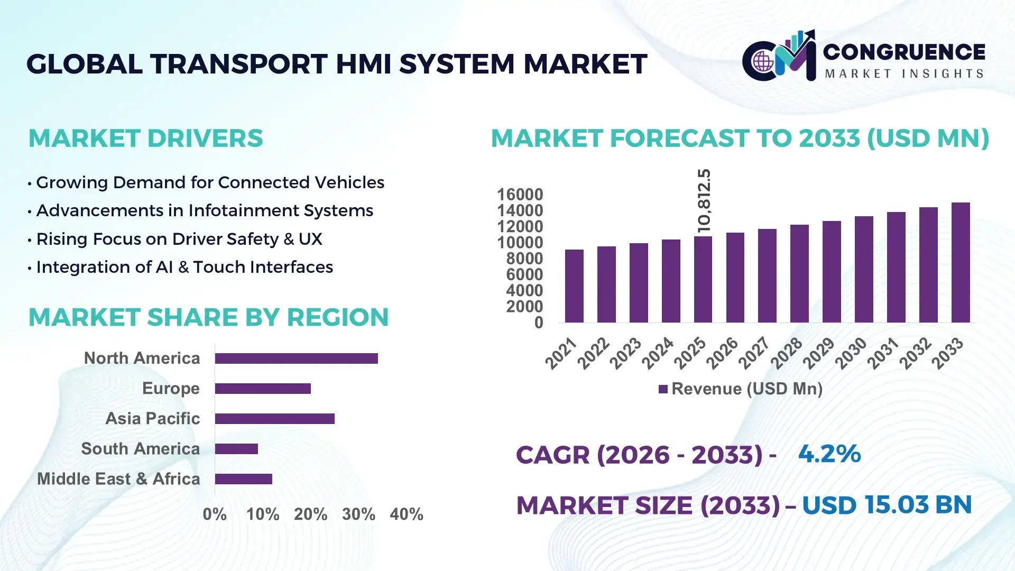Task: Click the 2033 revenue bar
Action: pyautogui.click(x=960, y=263)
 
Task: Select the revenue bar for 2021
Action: pyautogui.click(x=574, y=286)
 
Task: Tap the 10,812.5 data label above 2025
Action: pyautogui.click(x=704, y=201)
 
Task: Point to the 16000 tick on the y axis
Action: pyautogui.click(x=520, y=195)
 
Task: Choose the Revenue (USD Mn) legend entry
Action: pyautogui.click(x=741, y=389)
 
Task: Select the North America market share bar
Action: pyautogui.click(x=296, y=358)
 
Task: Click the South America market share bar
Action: pyautogui.click(x=236, y=449)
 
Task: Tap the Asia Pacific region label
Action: pyautogui.click(x=152, y=418)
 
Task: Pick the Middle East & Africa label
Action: pyautogui.click(x=118, y=478)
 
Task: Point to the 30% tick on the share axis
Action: pyautogui.click(x=358, y=514)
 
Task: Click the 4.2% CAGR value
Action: pyautogui.click(x=829, y=454)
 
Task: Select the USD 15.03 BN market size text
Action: pyautogui.click(x=887, y=505)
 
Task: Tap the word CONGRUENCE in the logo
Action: pyautogui.click(x=903, y=52)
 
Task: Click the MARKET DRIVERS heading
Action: pyautogui.click(x=145, y=139)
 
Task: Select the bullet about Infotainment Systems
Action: pyautogui.click(x=204, y=210)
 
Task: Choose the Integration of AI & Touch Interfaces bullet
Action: pyautogui.click(x=184, y=267)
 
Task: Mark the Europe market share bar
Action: pyautogui.click(x=263, y=389)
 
